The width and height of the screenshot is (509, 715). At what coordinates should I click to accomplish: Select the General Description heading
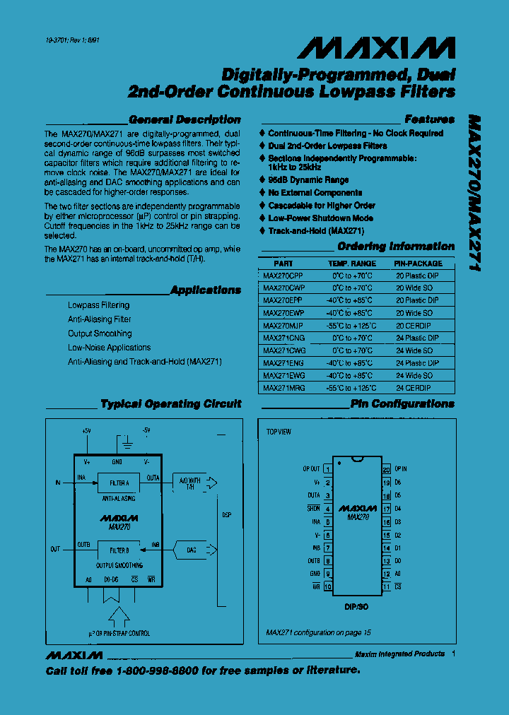click(185, 120)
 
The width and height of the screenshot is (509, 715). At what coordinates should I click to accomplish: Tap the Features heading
click(429, 120)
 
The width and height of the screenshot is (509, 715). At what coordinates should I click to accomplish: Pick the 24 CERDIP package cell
click(414, 389)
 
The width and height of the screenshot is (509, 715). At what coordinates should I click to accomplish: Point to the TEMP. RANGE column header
click(352, 264)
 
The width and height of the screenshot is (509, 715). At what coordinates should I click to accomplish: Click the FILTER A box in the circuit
click(119, 484)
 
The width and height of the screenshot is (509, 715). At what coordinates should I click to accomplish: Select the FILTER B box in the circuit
click(119, 550)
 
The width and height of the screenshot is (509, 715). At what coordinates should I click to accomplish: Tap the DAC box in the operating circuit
click(192, 550)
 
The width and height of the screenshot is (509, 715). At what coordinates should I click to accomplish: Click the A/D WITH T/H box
click(190, 484)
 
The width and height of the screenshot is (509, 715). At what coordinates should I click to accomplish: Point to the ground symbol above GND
click(127, 444)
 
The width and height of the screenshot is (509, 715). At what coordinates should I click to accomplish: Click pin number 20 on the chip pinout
click(386, 468)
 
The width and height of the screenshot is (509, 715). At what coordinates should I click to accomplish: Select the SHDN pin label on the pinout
click(313, 509)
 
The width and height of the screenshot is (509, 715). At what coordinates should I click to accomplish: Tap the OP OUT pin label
click(311, 468)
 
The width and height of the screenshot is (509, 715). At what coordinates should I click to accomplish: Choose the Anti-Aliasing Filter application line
click(100, 319)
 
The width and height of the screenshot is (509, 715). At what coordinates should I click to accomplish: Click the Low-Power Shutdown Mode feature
click(321, 218)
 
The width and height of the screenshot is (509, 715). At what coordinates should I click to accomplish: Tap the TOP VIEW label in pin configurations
click(279, 432)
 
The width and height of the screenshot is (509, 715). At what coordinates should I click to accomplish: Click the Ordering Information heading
click(396, 247)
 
